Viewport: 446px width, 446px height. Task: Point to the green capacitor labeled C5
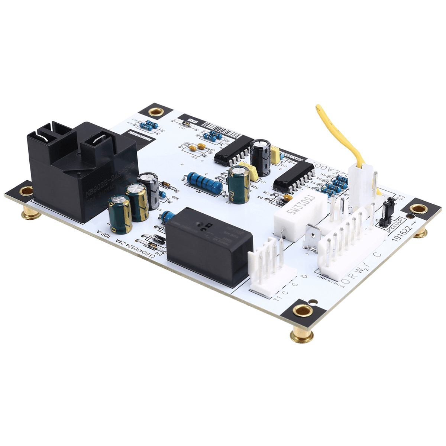pos(239,185)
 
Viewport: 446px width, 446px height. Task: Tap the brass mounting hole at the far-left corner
pos(26,191)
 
